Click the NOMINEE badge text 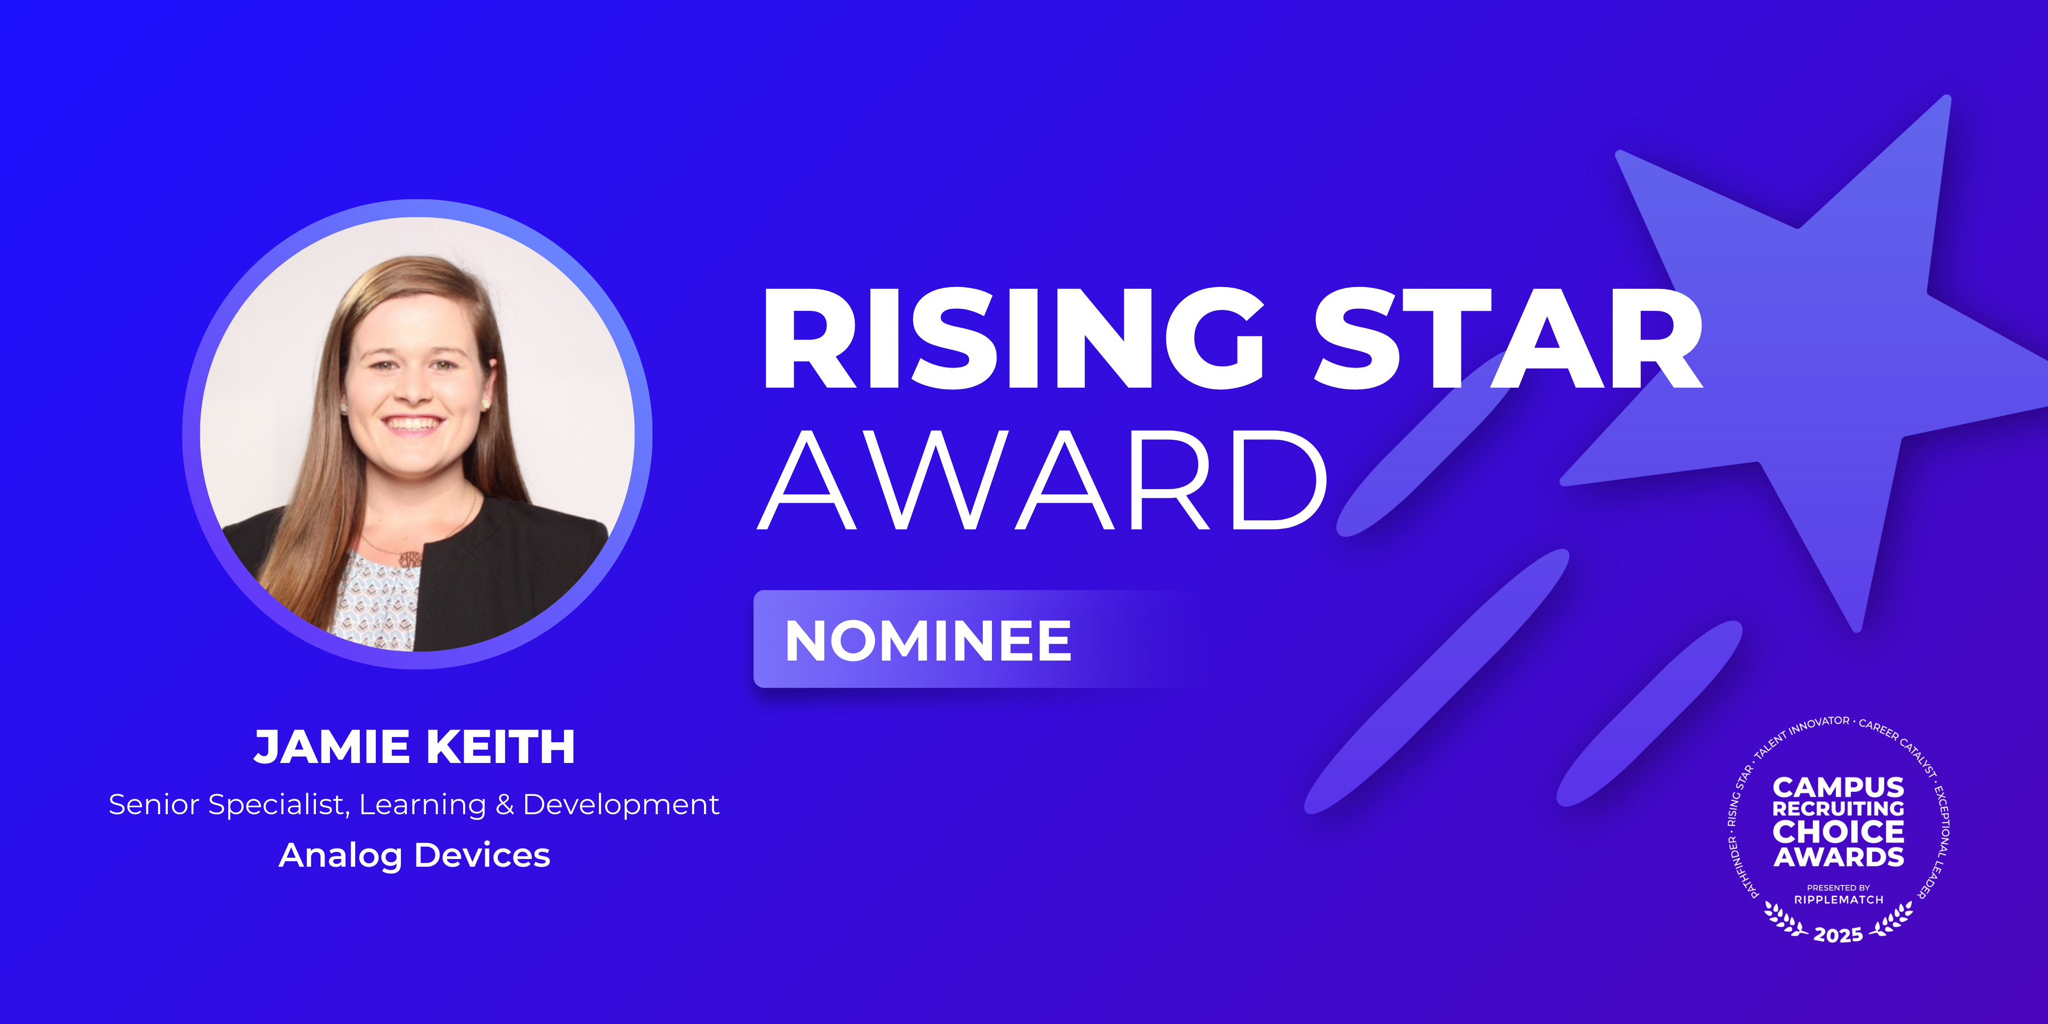tap(928, 641)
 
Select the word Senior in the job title tap(154, 805)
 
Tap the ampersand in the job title tap(504, 805)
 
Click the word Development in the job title tap(621, 806)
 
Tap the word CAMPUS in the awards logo tap(1838, 787)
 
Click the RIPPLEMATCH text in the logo tap(1838, 900)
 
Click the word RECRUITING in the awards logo tap(1838, 809)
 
